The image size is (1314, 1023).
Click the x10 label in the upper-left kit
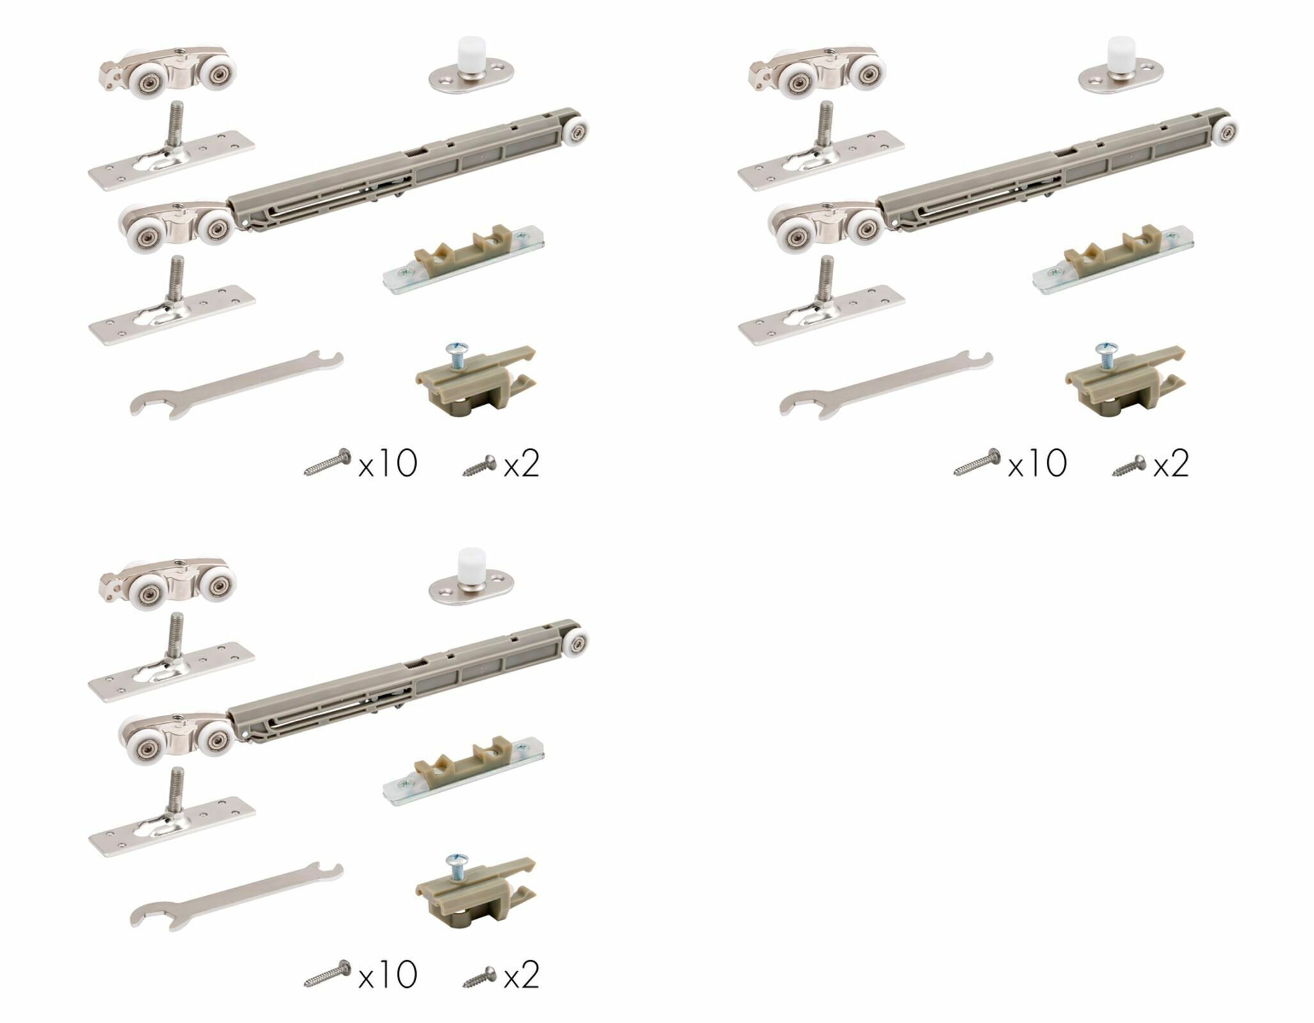387,463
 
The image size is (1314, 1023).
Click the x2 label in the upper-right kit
1171,463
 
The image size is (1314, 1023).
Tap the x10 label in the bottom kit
387,974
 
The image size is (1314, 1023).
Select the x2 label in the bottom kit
521,974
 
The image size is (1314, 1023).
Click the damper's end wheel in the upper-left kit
576,132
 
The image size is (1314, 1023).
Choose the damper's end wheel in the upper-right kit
1226,132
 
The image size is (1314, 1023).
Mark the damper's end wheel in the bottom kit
576,644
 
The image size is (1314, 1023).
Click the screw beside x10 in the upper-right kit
977,462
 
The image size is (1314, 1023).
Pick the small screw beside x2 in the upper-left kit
480,465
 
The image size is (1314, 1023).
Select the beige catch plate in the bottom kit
463,770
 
